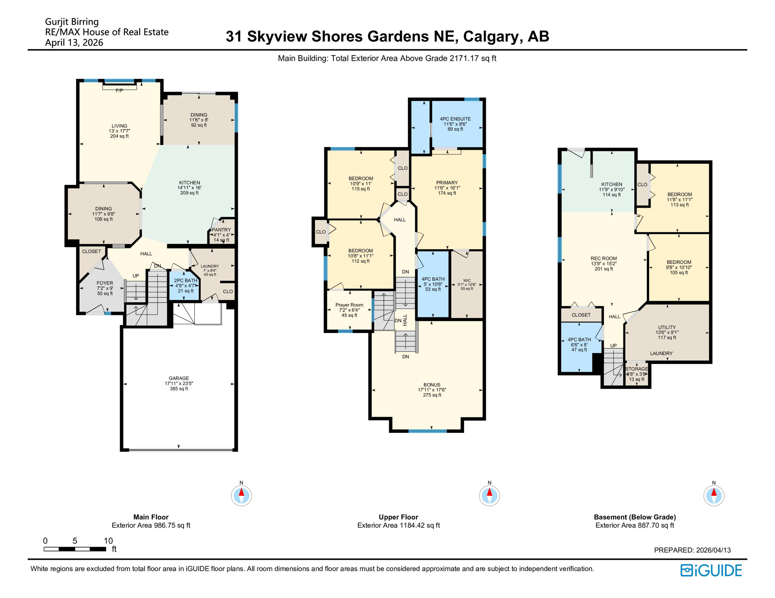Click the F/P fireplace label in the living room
click(119, 90)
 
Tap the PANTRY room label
click(221, 230)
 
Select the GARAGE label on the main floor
click(179, 378)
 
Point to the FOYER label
click(104, 283)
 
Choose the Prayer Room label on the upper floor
click(349, 305)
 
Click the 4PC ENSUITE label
click(455, 119)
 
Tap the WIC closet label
click(467, 280)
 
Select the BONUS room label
click(432, 385)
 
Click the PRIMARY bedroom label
click(447, 183)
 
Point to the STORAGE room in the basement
click(636, 369)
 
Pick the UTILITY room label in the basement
click(667, 327)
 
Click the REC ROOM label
click(603, 259)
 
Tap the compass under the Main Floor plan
click(241, 496)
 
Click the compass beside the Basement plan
click(713, 496)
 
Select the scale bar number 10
click(108, 541)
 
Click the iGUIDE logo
click(711, 570)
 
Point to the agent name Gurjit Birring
click(72, 22)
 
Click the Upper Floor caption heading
click(398, 517)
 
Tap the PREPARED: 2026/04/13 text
click(692, 550)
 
